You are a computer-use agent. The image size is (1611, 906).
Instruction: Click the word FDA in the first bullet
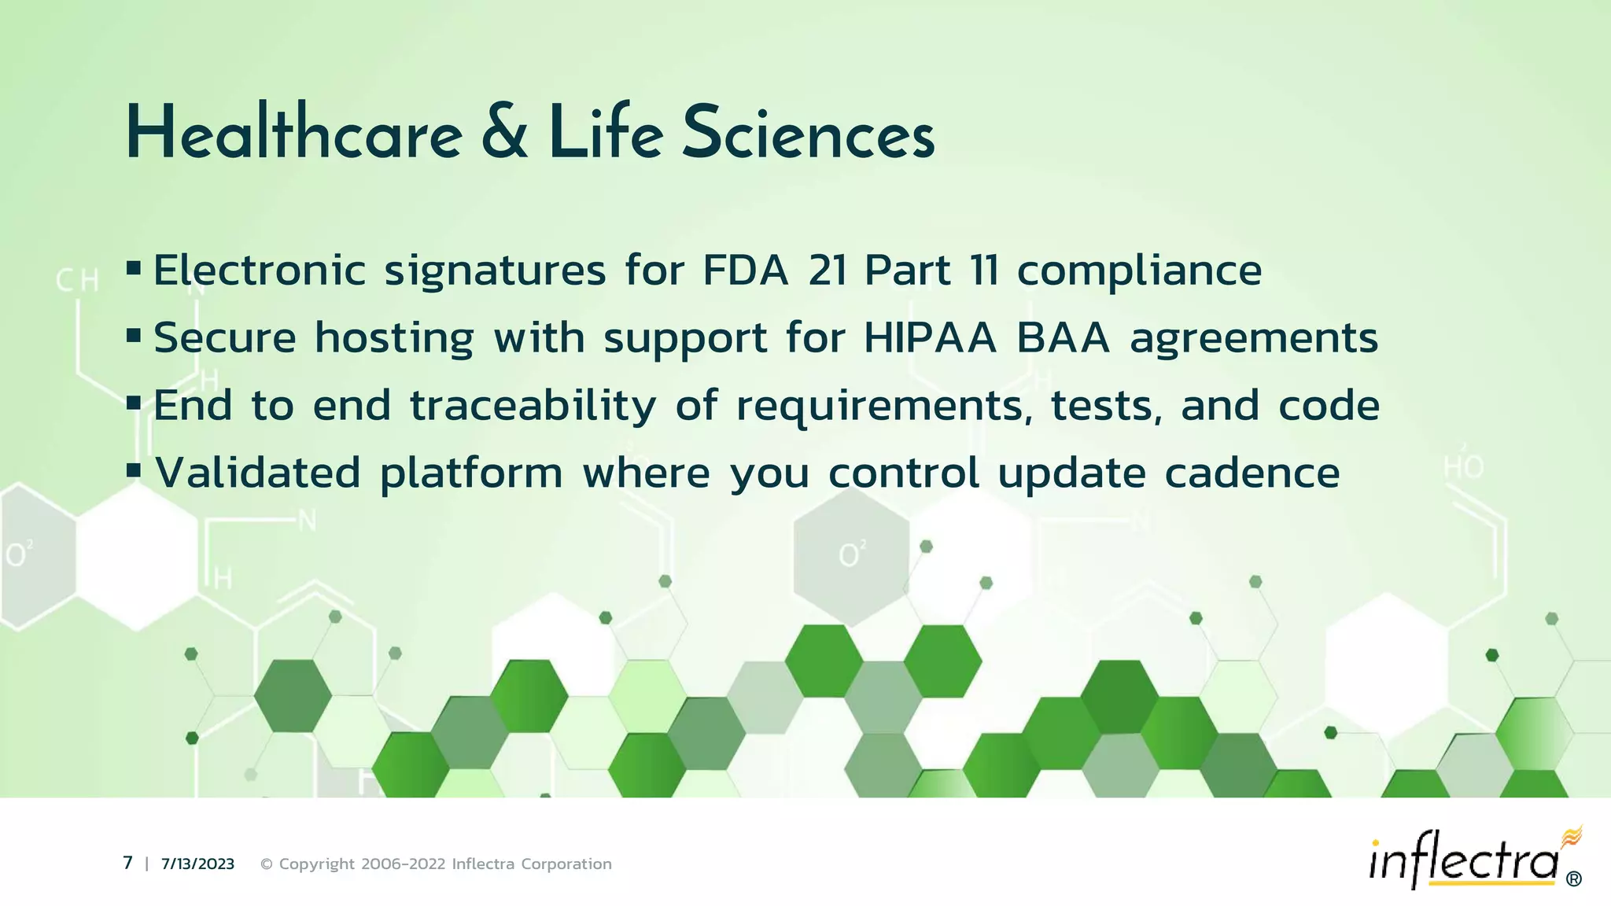(745, 271)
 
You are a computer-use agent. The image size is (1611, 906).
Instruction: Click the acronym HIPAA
(930, 338)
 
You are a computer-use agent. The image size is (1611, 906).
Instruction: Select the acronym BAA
(1063, 338)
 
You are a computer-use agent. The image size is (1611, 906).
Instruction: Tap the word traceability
(533, 407)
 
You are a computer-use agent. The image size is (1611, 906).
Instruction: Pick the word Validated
(258, 473)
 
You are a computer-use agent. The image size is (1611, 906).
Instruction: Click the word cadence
(1252, 473)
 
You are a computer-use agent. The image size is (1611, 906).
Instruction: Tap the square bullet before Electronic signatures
(134, 269)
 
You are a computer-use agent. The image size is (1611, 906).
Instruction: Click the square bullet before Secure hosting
(134, 337)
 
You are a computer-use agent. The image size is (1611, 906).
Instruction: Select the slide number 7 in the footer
(127, 863)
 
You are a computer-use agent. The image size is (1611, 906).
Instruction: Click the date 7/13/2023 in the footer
(197, 864)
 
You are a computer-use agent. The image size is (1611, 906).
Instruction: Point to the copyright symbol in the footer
(266, 864)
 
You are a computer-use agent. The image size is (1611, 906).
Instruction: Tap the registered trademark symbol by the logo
(1574, 879)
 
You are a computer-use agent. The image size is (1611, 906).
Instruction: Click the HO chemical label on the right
(1463, 468)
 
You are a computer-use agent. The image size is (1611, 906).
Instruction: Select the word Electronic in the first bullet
(260, 271)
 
